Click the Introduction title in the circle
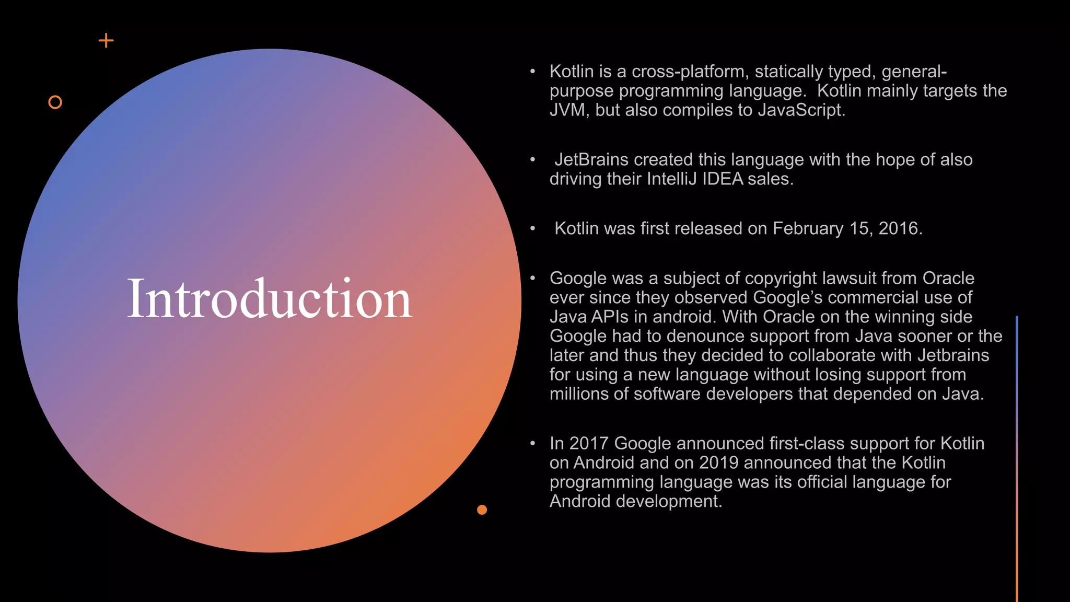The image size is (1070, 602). (x=270, y=299)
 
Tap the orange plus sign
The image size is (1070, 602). (x=106, y=41)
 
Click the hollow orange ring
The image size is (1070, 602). (x=55, y=102)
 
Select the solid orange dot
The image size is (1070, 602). (x=482, y=510)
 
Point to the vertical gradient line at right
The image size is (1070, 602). (x=1017, y=460)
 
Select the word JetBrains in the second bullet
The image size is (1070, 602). (x=591, y=159)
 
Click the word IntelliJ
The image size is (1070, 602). (x=671, y=179)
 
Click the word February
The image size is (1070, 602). (x=808, y=228)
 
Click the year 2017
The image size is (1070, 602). (x=589, y=444)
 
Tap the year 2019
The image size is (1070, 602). (x=719, y=463)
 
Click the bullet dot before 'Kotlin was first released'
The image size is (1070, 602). (x=532, y=228)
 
